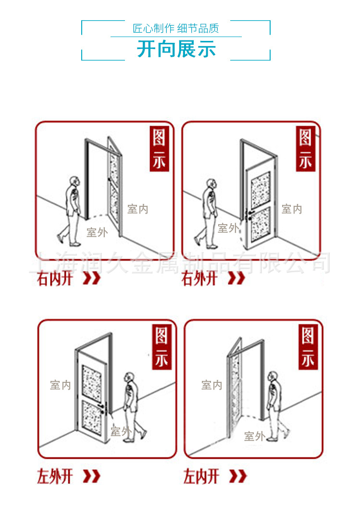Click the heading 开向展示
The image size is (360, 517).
pos(176,49)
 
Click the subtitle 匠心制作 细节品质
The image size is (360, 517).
pos(176,28)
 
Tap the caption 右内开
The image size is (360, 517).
pos(55,278)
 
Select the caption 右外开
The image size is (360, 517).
pos(199,278)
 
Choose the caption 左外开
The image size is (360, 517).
pos(55,476)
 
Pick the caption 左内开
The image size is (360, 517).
pos(201,476)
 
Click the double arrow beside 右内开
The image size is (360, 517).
pos(92,278)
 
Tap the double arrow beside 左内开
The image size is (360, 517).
pos(238,476)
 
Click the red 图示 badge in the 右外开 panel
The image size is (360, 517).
pos(305,149)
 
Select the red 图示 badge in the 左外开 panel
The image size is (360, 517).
pos(161,347)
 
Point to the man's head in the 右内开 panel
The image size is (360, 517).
pos(75,182)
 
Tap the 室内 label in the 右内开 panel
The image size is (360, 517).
pos(138,209)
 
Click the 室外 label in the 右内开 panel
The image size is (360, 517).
pos(97,232)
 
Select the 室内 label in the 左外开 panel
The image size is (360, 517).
pos(61,385)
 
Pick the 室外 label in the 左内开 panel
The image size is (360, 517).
pos(255,436)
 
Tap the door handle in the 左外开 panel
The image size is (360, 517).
pos(104,409)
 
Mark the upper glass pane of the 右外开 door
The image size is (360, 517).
pos(261,190)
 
